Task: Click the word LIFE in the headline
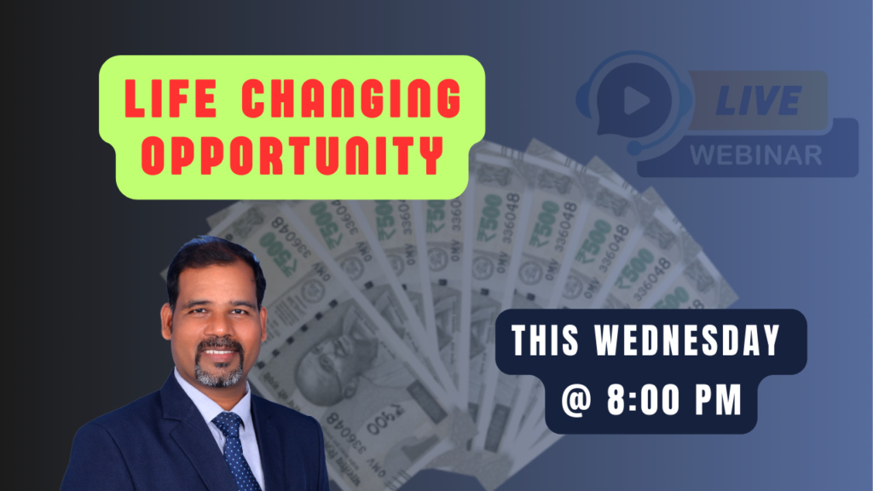[171, 99]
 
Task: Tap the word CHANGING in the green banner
[351, 99]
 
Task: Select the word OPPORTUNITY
[292, 155]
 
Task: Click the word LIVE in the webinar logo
[758, 101]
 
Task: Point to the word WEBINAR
[756, 155]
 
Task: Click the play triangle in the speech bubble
[636, 101]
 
